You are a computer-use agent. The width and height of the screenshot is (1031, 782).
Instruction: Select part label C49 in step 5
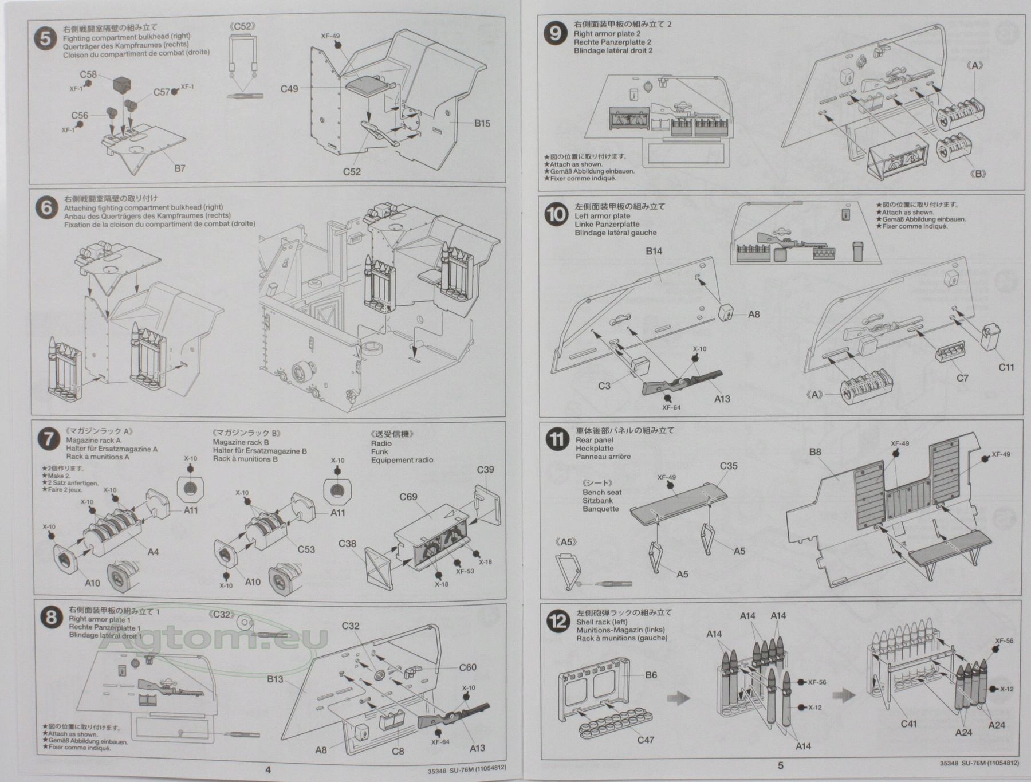tap(289, 89)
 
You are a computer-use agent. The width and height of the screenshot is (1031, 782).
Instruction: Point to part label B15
tap(482, 123)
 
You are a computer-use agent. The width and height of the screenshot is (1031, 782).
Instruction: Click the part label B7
tap(179, 168)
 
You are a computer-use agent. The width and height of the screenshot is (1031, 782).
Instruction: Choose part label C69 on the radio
tap(408, 497)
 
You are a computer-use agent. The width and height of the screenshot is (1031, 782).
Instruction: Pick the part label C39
tap(485, 470)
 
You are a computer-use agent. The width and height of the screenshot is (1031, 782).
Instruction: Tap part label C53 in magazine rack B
tap(306, 549)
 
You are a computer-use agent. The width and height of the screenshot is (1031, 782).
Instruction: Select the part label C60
tap(467, 667)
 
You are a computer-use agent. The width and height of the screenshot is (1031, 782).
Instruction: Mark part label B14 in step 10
tap(654, 251)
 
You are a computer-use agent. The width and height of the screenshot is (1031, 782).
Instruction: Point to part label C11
tap(1006, 367)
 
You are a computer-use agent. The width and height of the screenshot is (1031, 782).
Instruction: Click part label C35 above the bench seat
tap(729, 466)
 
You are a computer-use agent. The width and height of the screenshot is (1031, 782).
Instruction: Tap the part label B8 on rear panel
tap(815, 452)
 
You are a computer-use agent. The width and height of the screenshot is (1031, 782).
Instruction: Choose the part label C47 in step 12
tap(646, 740)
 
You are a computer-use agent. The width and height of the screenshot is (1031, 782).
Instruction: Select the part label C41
tap(908, 724)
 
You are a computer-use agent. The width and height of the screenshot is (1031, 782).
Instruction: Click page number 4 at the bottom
tap(267, 769)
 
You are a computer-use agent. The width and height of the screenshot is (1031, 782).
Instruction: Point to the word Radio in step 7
tap(381, 443)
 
